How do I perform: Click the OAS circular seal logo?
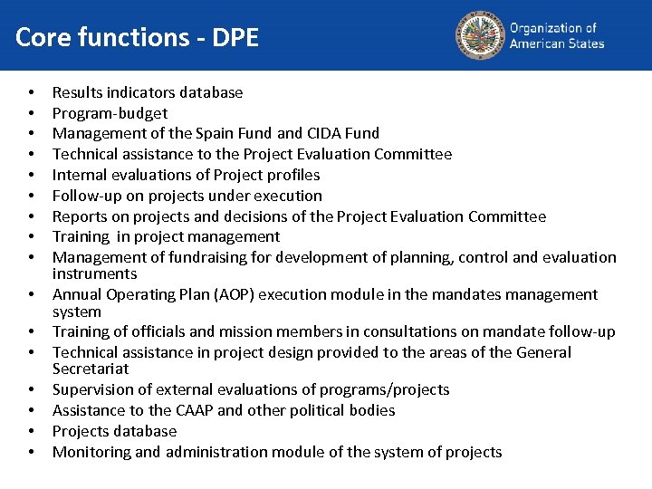coord(479,34)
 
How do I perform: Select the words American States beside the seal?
coord(557,43)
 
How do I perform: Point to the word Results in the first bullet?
coord(77,92)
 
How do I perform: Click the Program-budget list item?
coord(110,113)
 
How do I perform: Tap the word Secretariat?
coord(91,369)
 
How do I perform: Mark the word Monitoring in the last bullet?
coord(89,452)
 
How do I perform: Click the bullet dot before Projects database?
coord(32,432)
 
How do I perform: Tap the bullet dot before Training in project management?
coord(32,237)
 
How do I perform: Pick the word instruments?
coord(94,273)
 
